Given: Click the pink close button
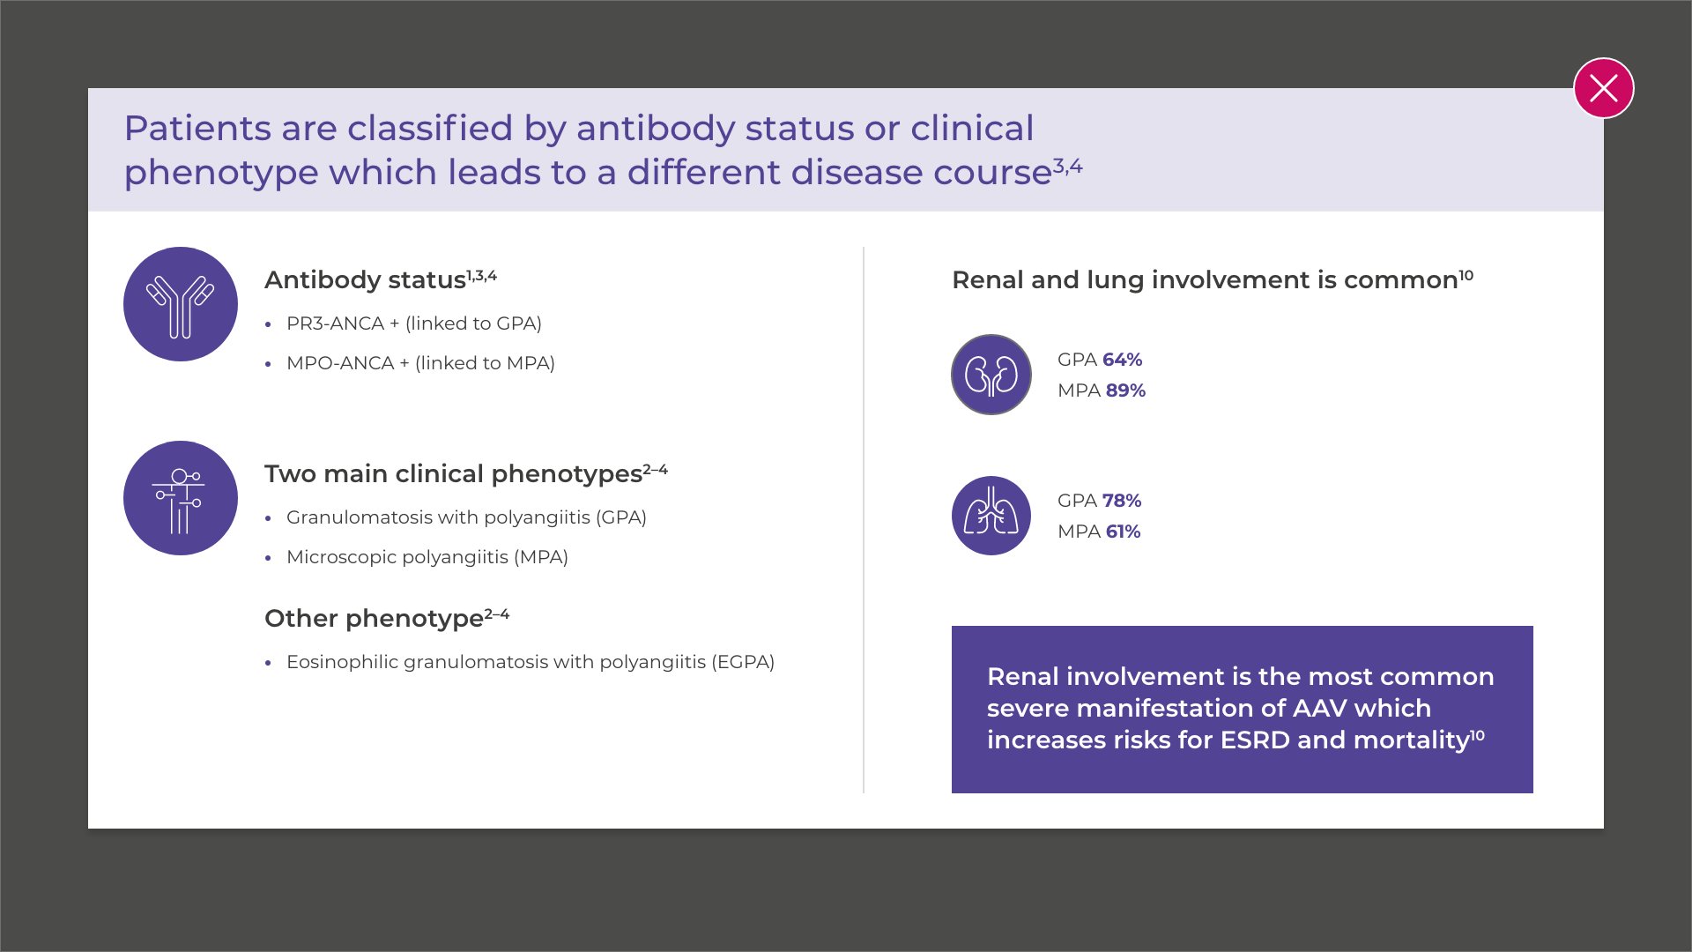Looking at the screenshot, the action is click(x=1604, y=88).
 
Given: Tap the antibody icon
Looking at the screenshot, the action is click(x=181, y=304).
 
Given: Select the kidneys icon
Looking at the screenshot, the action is click(x=991, y=375).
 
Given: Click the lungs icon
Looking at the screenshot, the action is click(x=991, y=516).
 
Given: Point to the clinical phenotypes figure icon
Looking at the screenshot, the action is click(x=181, y=498).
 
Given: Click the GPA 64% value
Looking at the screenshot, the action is click(x=1100, y=360).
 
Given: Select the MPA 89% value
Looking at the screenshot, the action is click(x=1102, y=390).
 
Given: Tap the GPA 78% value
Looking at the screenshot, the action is click(x=1100, y=501).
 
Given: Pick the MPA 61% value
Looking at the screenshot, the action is click(x=1099, y=532).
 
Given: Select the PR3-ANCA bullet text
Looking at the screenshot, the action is click(x=414, y=324).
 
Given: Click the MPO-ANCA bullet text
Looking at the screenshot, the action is click(x=420, y=363).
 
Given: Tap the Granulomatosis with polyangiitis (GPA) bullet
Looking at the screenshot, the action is click(x=466, y=517).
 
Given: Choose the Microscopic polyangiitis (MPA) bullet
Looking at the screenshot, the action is click(x=427, y=557).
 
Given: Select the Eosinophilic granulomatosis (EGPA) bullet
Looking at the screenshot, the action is click(x=531, y=662).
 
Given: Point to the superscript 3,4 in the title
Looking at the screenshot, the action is click(x=1068, y=166).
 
